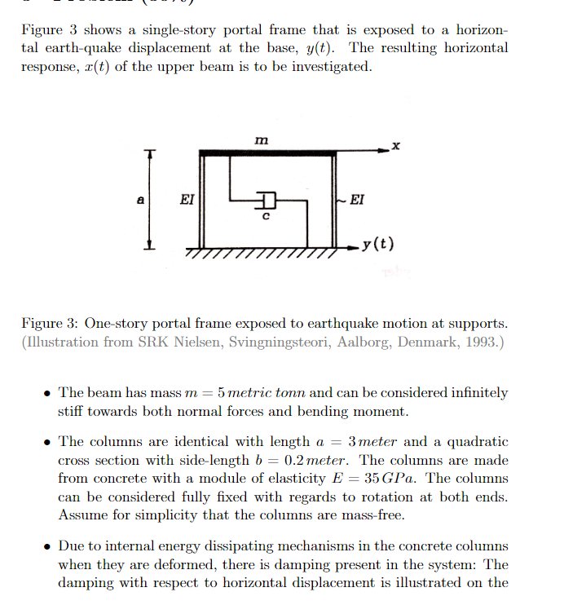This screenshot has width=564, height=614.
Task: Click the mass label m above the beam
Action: click(x=260, y=141)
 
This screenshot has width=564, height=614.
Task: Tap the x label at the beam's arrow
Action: click(x=396, y=145)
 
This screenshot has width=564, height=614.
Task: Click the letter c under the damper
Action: click(x=265, y=217)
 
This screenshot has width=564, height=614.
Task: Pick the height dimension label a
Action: click(x=139, y=199)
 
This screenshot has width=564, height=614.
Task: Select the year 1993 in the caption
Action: click(x=480, y=341)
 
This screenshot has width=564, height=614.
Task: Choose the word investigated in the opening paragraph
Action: click(x=321, y=66)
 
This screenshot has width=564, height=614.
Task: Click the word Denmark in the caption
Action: click(x=425, y=341)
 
